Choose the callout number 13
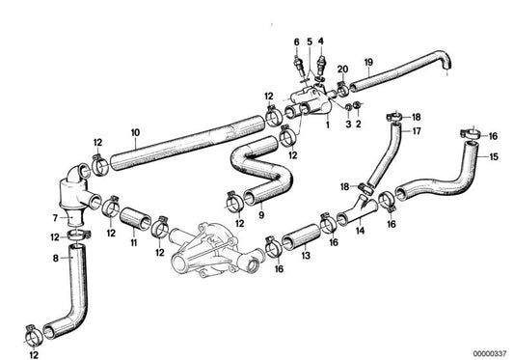[305, 258]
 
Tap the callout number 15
[494, 156]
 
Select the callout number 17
[417, 131]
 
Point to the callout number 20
[343, 69]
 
